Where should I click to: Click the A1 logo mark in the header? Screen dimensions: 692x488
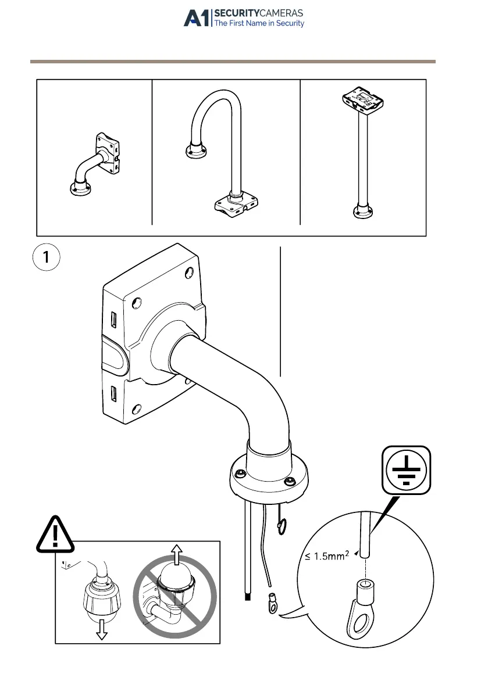point(197,18)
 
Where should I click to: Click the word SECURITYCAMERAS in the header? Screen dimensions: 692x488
point(259,13)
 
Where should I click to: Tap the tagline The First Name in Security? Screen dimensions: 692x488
point(259,24)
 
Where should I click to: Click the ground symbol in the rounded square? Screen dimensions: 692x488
point(407,469)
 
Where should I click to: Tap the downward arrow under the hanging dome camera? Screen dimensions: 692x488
point(102,630)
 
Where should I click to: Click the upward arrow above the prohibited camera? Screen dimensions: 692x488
point(176,553)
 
